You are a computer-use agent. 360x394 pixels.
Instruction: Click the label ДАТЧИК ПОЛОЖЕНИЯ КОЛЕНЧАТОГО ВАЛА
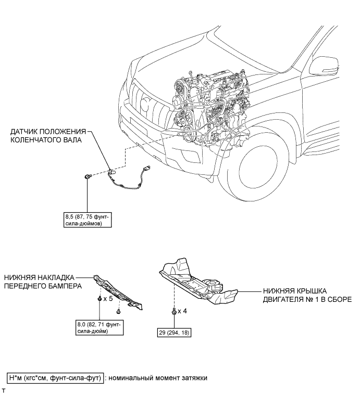pos(46,136)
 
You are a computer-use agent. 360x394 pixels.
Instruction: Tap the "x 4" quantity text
pos(182,311)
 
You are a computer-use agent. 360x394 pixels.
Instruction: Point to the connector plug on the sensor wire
pos(147,168)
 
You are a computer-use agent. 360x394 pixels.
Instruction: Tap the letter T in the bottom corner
pos(4,389)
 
